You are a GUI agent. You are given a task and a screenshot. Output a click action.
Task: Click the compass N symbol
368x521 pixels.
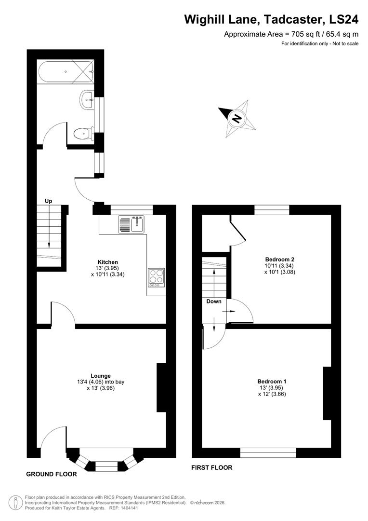237,118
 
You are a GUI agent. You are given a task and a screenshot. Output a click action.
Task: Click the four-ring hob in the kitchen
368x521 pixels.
156,277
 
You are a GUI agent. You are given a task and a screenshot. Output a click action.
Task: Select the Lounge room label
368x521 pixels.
101,375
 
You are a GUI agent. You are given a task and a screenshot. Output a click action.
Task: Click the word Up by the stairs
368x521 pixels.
49,201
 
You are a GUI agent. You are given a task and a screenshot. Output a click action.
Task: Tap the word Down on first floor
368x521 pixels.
213,301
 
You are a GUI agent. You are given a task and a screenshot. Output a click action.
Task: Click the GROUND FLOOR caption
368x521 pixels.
52,474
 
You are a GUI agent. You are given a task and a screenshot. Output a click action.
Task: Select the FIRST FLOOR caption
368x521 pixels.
212,467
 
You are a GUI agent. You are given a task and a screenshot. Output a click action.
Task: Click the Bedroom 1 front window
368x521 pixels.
268,452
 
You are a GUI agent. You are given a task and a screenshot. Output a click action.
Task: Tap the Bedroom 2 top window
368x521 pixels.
272,210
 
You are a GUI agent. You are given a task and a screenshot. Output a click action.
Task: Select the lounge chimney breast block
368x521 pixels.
161,387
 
